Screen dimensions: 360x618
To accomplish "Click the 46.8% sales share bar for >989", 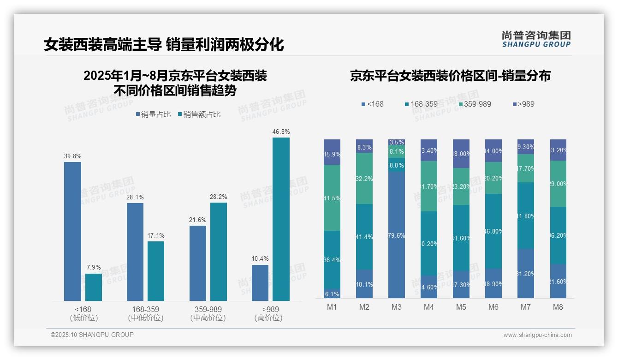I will coord(281,219).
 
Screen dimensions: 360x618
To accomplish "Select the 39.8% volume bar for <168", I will coord(72,231).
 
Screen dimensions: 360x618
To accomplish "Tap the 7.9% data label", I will coord(94,267).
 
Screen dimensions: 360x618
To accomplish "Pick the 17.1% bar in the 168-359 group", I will coord(156,271).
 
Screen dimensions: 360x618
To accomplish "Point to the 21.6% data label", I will coord(197,220).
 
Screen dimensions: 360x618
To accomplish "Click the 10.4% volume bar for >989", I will coord(260,282).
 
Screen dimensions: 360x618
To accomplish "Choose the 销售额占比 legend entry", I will coord(199,114).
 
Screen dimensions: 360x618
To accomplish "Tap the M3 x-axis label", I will coord(397,307).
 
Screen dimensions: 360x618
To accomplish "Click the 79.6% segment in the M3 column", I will coord(397,235).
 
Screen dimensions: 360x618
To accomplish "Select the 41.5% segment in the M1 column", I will coord(332,198).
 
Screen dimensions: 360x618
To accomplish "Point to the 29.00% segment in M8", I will coord(558,183).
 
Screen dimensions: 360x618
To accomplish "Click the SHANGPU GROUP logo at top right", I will coord(536,39).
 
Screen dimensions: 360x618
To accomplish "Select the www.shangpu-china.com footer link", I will coord(537,335).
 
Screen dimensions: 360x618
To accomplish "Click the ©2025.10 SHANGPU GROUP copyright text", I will coord(92,335).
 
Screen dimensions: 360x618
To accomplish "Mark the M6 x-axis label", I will coord(493,307).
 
